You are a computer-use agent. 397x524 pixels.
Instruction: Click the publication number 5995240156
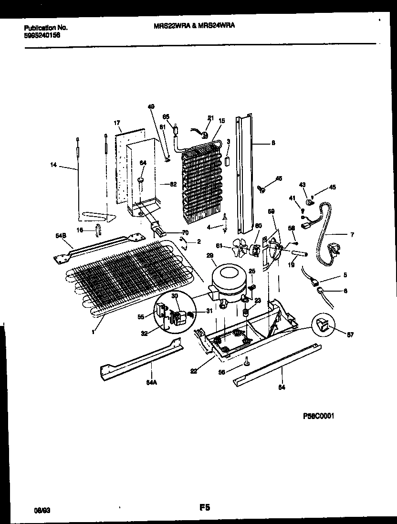tap(42, 35)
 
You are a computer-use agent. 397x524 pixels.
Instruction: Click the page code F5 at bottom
tap(205, 508)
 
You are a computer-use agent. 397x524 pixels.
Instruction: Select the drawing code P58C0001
tap(318, 416)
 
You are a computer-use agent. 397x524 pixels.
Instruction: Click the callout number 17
tap(117, 123)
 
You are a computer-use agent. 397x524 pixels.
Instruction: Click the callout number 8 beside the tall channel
tap(272, 142)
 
